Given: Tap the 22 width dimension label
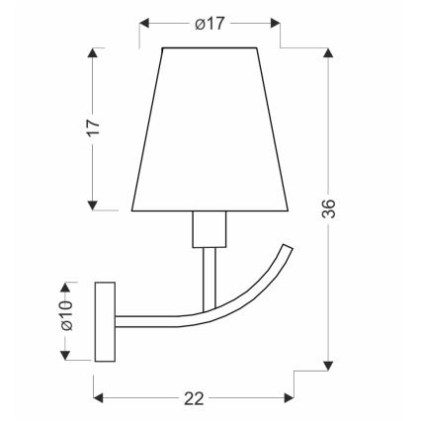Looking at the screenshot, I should click(194, 398).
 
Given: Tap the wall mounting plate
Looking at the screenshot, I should click(104, 320).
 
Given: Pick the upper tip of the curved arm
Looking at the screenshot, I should click(290, 248).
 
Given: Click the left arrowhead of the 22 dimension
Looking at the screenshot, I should click(100, 398).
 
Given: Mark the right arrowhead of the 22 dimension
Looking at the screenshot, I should click(289, 398).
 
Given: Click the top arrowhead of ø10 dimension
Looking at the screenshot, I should click(65, 285).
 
